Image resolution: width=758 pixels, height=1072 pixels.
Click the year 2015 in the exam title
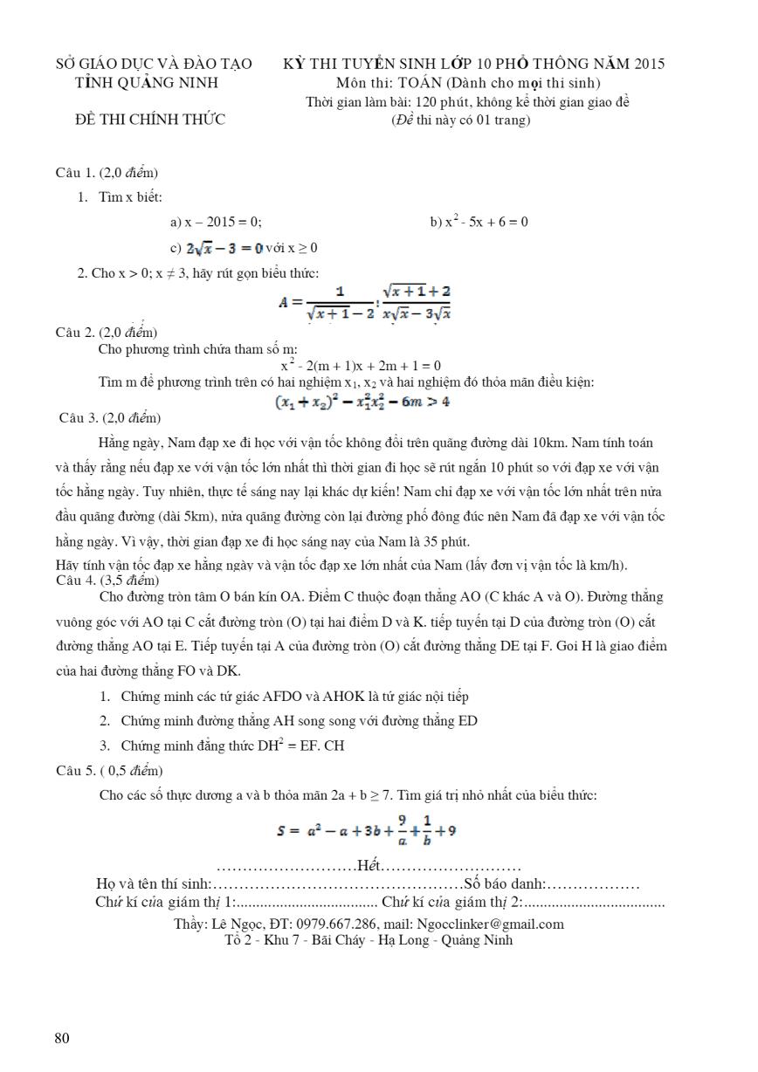click(648, 64)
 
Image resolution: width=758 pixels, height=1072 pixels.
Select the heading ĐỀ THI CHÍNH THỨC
click(150, 120)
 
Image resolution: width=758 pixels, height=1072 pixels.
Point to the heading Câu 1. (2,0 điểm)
click(107, 173)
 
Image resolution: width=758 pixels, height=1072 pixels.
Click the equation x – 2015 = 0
click(216, 222)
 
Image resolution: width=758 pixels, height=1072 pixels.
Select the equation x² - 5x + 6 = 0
click(479, 222)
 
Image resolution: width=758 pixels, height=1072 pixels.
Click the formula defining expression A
click(364, 302)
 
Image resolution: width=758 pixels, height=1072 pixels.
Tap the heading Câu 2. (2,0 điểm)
click(107, 332)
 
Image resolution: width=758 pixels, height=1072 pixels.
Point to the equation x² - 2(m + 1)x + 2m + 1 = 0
click(360, 366)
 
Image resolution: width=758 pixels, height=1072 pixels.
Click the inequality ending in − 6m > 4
click(362, 402)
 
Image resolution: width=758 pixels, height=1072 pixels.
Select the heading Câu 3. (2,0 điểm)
click(109, 418)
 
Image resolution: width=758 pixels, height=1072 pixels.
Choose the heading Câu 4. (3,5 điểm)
click(107, 580)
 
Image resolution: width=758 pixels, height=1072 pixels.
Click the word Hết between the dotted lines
click(369, 866)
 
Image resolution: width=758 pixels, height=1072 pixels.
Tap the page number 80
click(62, 1038)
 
